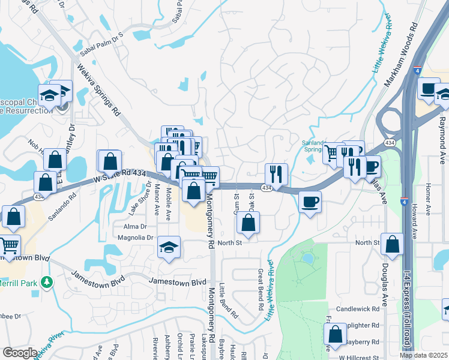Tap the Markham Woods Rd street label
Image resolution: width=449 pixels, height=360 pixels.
[401, 55]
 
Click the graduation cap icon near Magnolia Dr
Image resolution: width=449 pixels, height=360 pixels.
[169, 247]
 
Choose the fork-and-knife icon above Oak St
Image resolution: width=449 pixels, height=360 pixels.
[276, 175]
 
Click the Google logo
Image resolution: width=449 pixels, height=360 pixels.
[20, 353]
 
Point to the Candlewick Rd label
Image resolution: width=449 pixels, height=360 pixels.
[358, 308]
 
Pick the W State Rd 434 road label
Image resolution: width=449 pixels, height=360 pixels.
[120, 175]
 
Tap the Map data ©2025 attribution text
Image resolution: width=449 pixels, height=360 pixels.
[424, 355]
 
